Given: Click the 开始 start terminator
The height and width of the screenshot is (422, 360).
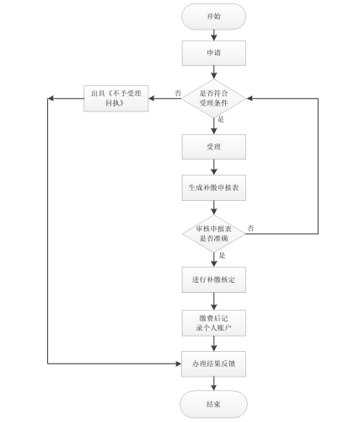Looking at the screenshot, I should (214, 17).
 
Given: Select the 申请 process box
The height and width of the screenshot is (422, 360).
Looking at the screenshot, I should (214, 55).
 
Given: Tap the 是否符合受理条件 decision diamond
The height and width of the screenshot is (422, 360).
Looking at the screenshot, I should (214, 99).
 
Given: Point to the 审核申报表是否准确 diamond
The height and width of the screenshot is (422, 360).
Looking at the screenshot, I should (214, 232).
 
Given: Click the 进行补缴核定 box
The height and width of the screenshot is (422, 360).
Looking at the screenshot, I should (214, 279).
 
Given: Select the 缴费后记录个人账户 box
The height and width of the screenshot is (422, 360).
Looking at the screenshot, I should (214, 322).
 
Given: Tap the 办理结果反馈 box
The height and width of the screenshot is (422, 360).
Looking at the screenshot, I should (214, 364).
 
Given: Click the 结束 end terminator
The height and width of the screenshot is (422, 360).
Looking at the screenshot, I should (214, 404).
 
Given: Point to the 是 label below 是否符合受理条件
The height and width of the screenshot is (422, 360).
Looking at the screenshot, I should (221, 122).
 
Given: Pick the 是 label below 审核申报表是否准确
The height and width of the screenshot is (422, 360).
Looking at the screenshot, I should (222, 255).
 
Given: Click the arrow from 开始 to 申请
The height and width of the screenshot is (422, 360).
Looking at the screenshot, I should (214, 35).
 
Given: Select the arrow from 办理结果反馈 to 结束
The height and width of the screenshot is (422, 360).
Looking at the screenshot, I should (214, 384).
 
